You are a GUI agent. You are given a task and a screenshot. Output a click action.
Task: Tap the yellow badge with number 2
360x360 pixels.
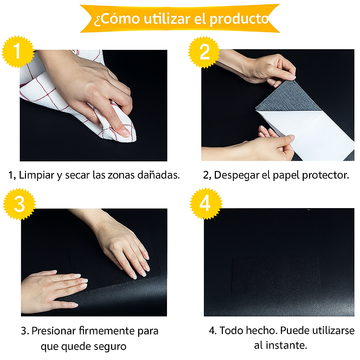(204, 52)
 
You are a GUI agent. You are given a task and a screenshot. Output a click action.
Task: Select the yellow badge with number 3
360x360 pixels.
(19, 204)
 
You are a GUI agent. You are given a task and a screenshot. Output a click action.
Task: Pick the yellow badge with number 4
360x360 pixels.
(206, 204)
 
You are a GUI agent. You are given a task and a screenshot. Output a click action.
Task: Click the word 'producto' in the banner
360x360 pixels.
(239, 19)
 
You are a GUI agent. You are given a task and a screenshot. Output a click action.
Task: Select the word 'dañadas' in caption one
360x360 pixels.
(159, 175)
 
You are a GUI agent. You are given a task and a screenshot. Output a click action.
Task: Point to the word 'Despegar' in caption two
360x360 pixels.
(237, 175)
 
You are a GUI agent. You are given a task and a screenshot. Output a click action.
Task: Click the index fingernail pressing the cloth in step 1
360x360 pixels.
(126, 133)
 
